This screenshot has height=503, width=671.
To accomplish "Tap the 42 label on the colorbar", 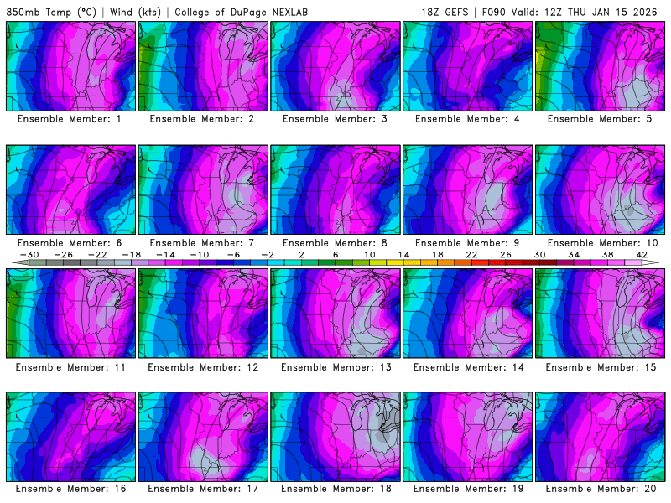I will coord(642,254).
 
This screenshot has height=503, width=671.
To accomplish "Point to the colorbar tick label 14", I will coord(403,254).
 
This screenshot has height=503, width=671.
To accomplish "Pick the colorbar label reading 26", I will coord(505,254).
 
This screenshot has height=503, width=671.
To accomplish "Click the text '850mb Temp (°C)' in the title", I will coord(52,12).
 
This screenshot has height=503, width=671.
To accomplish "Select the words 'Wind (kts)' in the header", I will coord(135,12).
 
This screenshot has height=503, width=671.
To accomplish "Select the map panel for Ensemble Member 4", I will coord(466,65).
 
